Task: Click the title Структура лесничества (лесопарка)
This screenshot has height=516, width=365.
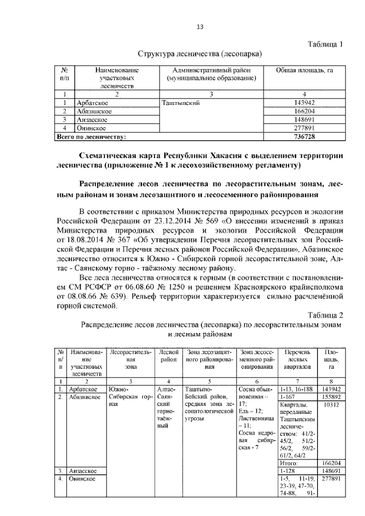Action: pyautogui.click(x=200, y=54)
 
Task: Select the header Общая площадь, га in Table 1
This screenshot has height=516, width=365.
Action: pyautogui.click(x=305, y=70)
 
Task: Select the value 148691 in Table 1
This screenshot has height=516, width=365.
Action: pyautogui.click(x=305, y=120)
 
